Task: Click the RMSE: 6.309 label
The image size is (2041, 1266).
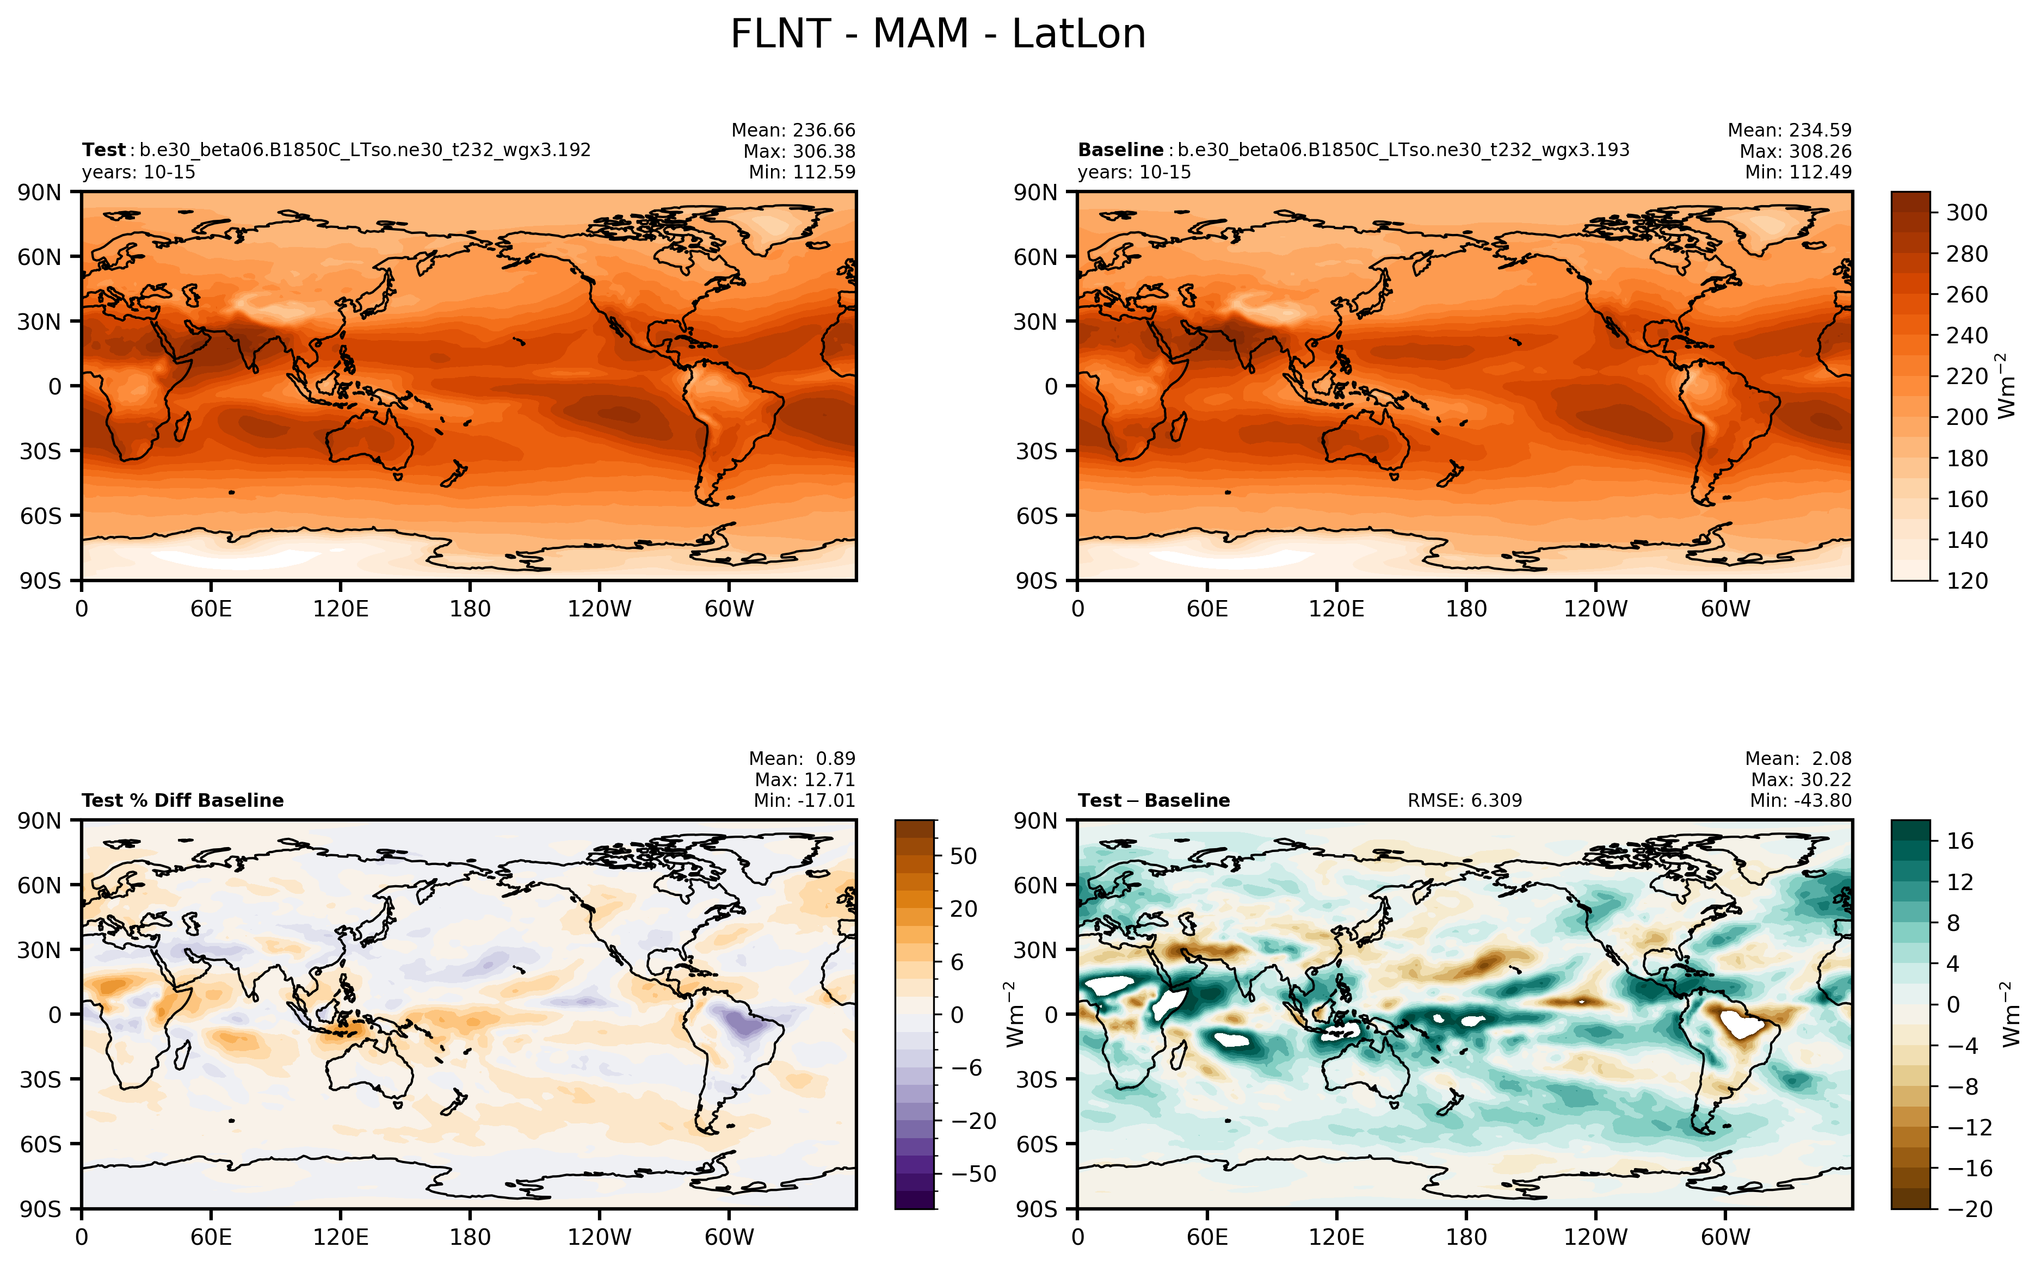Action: (1464, 800)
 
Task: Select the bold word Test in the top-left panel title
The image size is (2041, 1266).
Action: (104, 150)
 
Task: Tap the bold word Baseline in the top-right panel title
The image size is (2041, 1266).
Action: (1120, 150)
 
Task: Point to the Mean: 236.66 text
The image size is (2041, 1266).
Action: (793, 131)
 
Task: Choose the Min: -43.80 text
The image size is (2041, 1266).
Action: (1800, 800)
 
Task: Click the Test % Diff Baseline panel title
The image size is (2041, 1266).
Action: (182, 800)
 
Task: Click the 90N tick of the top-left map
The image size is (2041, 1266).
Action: (39, 193)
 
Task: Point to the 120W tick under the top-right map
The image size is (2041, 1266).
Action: (1595, 609)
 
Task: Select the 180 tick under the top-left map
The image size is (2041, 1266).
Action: (470, 609)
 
